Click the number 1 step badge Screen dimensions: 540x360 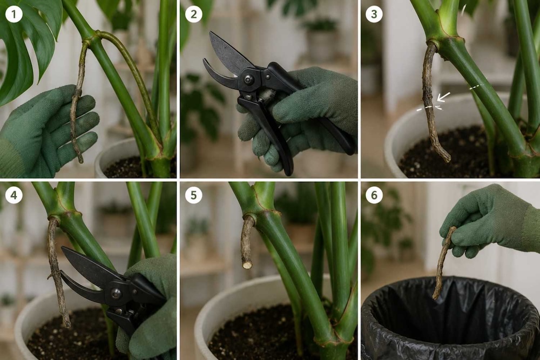14,14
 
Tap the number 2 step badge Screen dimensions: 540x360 193,14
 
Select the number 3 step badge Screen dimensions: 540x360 374,14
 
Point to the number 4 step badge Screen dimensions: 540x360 14,195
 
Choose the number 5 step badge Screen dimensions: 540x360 193,195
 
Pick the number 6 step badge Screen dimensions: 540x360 374,195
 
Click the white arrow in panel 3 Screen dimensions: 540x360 443,97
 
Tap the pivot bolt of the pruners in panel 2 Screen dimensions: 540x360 248,79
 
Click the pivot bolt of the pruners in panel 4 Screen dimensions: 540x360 116,293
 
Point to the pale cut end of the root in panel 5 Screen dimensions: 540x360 247,265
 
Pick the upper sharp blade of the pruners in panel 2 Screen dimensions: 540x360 229,53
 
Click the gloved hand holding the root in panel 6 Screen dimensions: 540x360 492,220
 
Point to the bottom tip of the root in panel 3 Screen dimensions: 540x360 448,160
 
